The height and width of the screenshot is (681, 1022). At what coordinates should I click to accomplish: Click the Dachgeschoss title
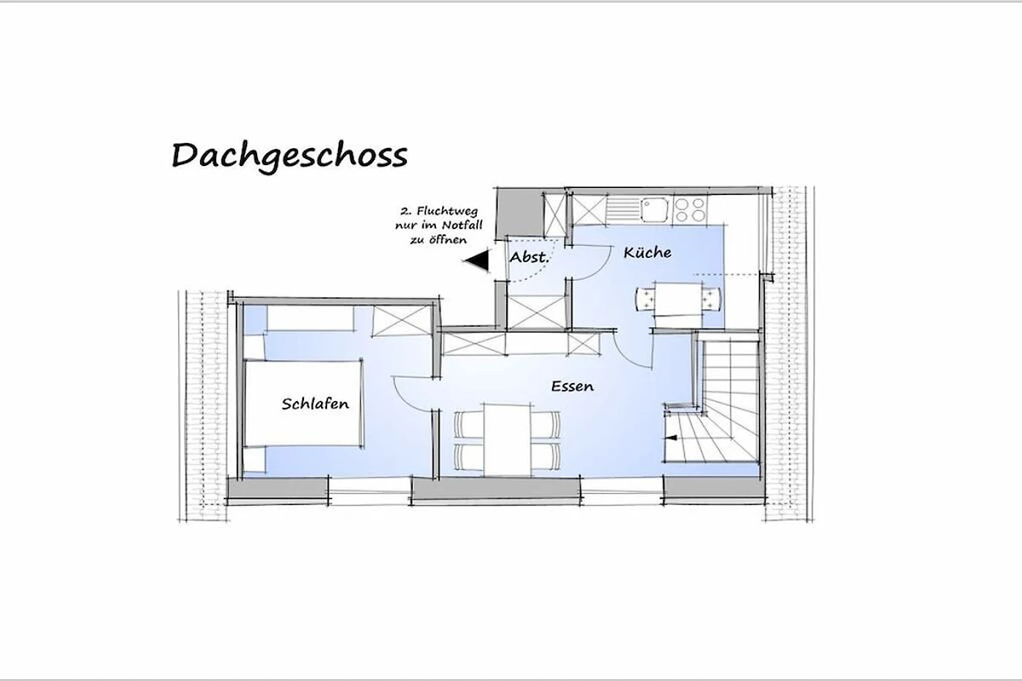[x=290, y=157]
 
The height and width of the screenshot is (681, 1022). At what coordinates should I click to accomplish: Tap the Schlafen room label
[x=315, y=403]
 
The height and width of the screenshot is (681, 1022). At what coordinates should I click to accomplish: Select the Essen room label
[x=572, y=386]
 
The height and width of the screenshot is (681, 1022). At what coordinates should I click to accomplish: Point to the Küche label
[x=647, y=252]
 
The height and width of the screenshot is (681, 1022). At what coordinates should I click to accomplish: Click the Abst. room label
[x=529, y=257]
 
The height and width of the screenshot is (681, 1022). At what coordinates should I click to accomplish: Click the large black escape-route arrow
[x=476, y=260]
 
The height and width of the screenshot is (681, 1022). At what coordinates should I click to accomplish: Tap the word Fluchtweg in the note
[x=447, y=212]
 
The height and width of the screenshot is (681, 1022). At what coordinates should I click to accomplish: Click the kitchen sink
[x=654, y=209]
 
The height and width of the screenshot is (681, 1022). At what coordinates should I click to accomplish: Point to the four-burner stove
[x=689, y=209]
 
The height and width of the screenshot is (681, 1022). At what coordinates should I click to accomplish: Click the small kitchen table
[x=679, y=299]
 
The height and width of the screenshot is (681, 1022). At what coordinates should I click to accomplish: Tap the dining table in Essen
[x=508, y=440]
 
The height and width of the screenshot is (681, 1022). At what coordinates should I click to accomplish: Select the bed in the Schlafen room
[x=303, y=403]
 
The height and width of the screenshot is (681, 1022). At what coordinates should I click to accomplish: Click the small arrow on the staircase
[x=671, y=438]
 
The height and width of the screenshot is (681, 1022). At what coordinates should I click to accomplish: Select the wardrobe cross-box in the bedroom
[x=402, y=321]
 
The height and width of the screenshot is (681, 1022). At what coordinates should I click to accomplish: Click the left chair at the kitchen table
[x=646, y=300]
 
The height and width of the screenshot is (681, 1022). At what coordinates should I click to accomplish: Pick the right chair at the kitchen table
[x=711, y=300]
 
